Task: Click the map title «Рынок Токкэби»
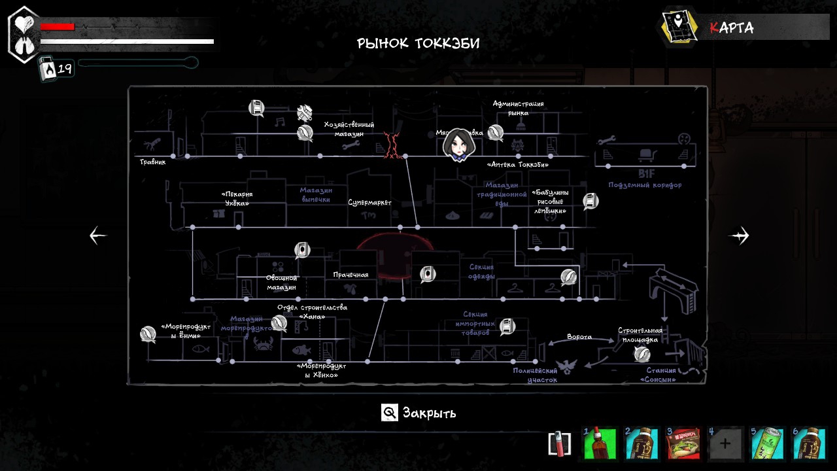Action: [418, 44]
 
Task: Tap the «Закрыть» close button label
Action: [429, 413]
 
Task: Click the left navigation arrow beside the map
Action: [98, 235]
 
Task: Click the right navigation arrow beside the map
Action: [739, 235]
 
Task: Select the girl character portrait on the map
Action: [458, 145]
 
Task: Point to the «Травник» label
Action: [152, 162]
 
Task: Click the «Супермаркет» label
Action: [369, 203]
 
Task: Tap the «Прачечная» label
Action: [350, 275]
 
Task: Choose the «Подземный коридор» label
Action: [645, 185]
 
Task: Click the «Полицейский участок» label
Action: [535, 375]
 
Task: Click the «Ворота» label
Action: [579, 337]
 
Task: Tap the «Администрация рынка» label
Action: [518, 108]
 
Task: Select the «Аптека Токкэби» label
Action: [518, 165]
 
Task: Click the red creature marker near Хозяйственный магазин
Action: [392, 145]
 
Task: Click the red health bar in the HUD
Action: [58, 27]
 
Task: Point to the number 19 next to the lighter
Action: [65, 68]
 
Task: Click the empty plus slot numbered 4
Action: [725, 444]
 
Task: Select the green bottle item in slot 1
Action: [600, 444]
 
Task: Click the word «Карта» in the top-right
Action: [732, 28]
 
